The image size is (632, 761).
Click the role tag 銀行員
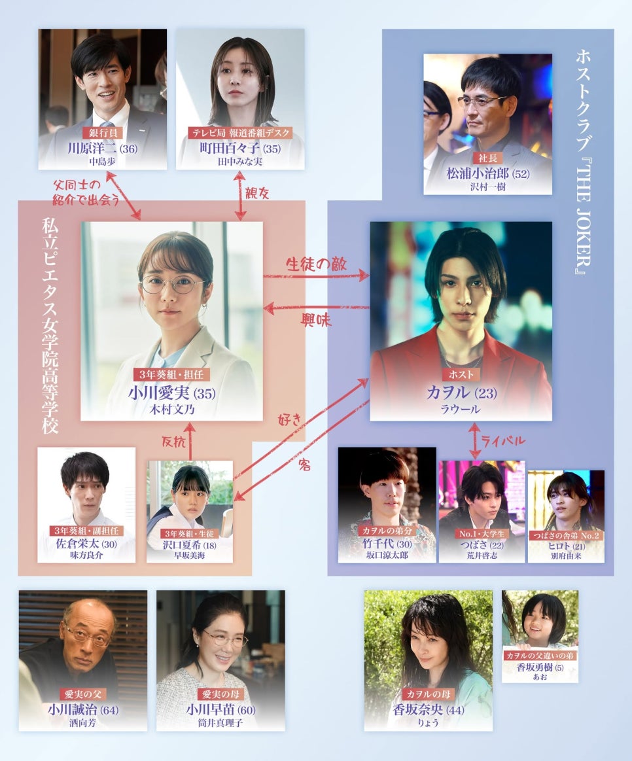pyautogui.click(x=103, y=133)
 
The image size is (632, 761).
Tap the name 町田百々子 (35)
pyautogui.click(x=240, y=149)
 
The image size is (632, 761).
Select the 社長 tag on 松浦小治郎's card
pyautogui.click(x=487, y=158)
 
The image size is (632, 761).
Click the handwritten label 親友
pyautogui.click(x=256, y=193)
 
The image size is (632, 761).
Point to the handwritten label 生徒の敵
pyautogui.click(x=316, y=264)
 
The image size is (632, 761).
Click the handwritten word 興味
pyautogui.click(x=316, y=320)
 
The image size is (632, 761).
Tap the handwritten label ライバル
pyautogui.click(x=502, y=440)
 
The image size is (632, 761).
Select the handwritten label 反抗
pyautogui.click(x=173, y=442)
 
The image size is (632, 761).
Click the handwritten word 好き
pyautogui.click(x=290, y=419)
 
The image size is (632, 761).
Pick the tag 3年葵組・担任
pyautogui.click(x=172, y=375)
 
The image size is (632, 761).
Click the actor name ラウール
pyautogui.click(x=460, y=409)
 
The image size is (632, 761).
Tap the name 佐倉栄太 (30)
pyautogui.click(x=86, y=544)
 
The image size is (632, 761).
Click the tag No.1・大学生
pyautogui.click(x=482, y=534)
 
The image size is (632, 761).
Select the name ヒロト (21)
pyautogui.click(x=566, y=546)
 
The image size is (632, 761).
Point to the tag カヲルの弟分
pyautogui.click(x=387, y=531)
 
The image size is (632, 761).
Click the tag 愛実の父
pyautogui.click(x=83, y=694)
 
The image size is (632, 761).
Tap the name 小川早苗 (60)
pyautogui.click(x=220, y=710)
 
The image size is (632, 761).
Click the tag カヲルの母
pyautogui.click(x=428, y=694)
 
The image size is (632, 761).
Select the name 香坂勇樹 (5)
pyautogui.click(x=540, y=667)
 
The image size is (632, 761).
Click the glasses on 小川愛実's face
pyautogui.click(x=172, y=285)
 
